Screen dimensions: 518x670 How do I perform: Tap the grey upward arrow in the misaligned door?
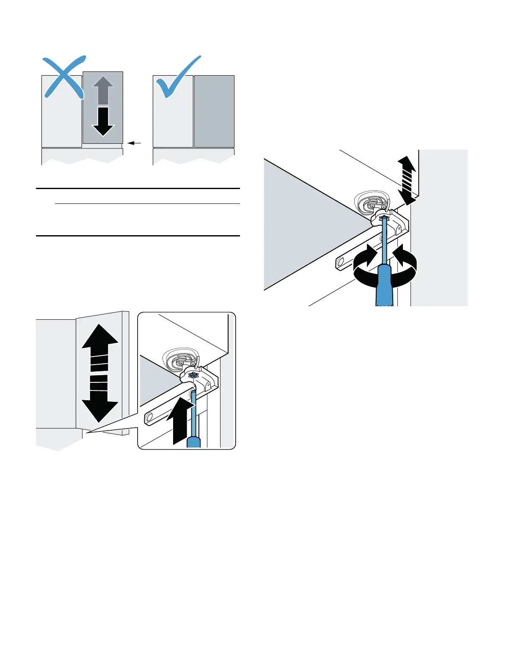point(103,90)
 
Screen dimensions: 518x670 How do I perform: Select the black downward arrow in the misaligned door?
point(103,121)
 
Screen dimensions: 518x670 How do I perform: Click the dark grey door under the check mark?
point(214,111)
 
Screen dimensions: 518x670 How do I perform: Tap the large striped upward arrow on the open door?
point(100,347)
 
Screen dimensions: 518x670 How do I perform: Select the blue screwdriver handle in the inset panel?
point(193,442)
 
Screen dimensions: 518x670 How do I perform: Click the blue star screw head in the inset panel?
point(193,375)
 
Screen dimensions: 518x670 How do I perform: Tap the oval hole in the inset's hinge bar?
point(149,419)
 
